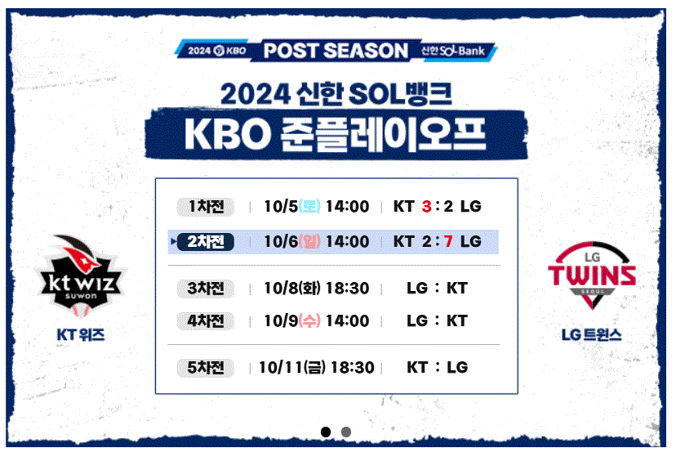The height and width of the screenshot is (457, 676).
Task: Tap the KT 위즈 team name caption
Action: [x=80, y=334]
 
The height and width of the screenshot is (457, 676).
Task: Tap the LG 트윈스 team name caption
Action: [x=591, y=334]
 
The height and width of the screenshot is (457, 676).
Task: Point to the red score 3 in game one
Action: [x=426, y=207]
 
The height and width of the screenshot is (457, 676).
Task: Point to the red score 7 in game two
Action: [x=448, y=242]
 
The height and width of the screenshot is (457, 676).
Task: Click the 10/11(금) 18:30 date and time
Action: [x=316, y=368]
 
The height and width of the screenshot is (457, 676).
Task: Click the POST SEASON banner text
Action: [x=336, y=51]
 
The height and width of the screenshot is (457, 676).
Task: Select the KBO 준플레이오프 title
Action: [x=335, y=135]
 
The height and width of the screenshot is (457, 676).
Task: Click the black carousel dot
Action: [x=326, y=432]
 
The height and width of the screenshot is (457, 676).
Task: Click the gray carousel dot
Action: [x=346, y=432]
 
